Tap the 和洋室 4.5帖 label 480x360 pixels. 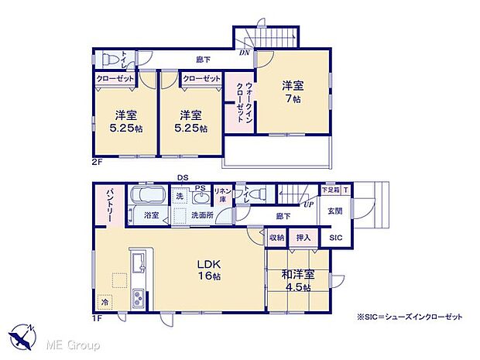tap(297, 280)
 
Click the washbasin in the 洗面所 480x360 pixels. tap(201, 197)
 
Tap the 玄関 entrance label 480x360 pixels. tap(334, 211)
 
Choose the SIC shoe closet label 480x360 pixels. tap(335, 238)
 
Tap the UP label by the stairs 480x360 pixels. tap(308, 205)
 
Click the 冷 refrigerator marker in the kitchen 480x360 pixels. tap(104, 301)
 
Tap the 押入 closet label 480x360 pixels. tap(303, 238)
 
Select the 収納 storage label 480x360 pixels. tap(278, 238)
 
